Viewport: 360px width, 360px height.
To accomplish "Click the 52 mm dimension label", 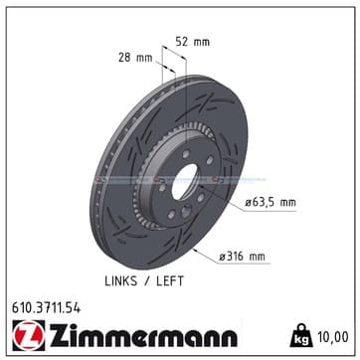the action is click(x=192, y=42).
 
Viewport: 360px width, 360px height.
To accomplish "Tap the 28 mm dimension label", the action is click(x=135, y=58).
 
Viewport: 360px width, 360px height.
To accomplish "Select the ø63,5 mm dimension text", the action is click(x=270, y=202).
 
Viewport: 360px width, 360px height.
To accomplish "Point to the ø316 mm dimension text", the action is click(x=242, y=257).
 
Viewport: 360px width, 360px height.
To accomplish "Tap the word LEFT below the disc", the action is click(x=170, y=281).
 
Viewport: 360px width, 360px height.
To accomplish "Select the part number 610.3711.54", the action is click(x=46, y=308).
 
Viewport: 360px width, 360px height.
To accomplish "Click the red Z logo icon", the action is click(x=29, y=335).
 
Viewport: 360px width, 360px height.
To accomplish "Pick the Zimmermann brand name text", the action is click(x=143, y=335).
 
